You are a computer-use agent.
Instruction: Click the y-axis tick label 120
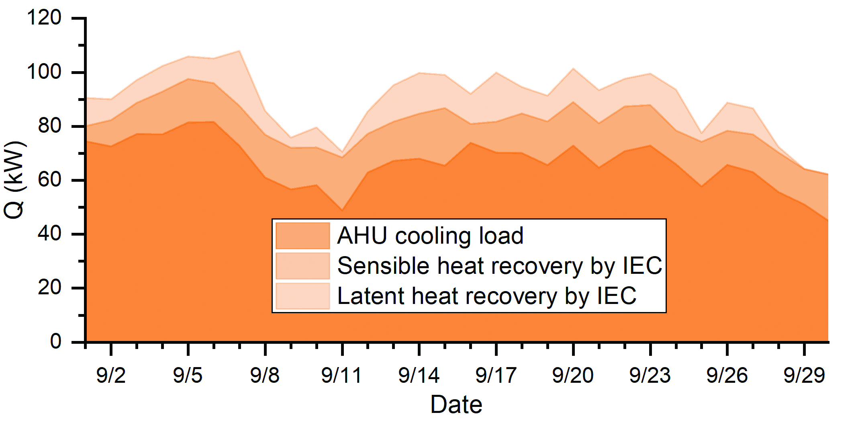tap(44, 18)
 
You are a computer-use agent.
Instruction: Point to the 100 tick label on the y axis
tap(44, 72)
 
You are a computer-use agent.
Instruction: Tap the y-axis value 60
tap(49, 180)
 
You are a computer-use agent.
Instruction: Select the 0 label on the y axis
tap(55, 341)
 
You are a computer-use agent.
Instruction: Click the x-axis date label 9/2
tap(111, 376)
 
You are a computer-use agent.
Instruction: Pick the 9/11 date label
tap(342, 376)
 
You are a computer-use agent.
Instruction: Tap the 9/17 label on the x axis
tap(496, 376)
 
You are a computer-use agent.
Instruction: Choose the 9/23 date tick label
tap(650, 376)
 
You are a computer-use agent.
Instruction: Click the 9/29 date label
tap(804, 376)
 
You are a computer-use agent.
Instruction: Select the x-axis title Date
tap(456, 404)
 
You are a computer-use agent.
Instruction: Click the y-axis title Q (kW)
tap(14, 180)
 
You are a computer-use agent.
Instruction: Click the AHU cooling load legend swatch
tap(302, 236)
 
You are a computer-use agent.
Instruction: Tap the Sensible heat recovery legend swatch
tap(302, 266)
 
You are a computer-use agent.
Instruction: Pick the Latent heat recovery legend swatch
tap(302, 296)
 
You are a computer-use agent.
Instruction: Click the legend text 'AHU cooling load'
tap(430, 236)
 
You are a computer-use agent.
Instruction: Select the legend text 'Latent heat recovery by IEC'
tap(486, 296)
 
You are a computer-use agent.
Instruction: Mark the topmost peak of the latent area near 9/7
tap(239, 51)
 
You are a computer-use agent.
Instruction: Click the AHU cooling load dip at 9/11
tap(342, 210)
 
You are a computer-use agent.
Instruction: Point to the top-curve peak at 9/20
tap(573, 69)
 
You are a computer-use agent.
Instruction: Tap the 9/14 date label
tap(419, 376)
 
